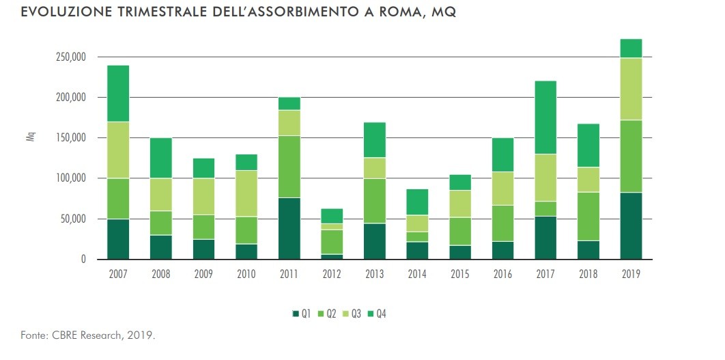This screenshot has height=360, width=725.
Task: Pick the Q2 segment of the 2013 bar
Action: click(x=375, y=201)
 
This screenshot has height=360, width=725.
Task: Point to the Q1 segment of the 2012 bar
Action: click(x=332, y=257)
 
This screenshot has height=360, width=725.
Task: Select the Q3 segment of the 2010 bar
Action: click(x=246, y=193)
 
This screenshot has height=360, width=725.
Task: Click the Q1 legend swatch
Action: click(x=296, y=314)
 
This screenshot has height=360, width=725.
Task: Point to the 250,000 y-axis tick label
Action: click(x=70, y=57)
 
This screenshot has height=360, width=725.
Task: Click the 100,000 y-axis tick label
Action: click(x=70, y=178)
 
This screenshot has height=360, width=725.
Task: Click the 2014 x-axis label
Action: click(x=417, y=274)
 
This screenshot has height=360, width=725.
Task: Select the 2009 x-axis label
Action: click(x=203, y=274)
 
